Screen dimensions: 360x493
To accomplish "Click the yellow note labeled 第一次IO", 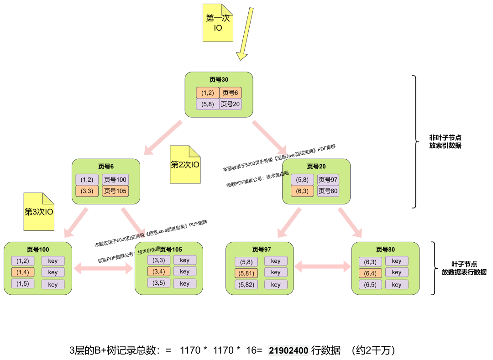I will coord(218,23).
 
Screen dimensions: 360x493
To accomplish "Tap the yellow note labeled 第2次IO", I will coord(185,165).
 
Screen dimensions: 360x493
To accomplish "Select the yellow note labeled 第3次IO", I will coord(39,212).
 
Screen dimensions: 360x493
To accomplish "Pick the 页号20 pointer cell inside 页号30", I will coord(230,104).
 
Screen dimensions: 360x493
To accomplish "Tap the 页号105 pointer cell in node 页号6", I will coord(115,191).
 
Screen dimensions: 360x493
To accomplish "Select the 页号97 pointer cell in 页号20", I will coord(328,180).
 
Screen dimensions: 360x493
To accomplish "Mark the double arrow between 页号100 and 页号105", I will coord(103,268).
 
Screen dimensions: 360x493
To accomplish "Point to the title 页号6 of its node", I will coord(105,166).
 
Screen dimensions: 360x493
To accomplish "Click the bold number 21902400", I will coord(288,350).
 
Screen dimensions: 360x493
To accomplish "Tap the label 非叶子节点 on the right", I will coord(445,137).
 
